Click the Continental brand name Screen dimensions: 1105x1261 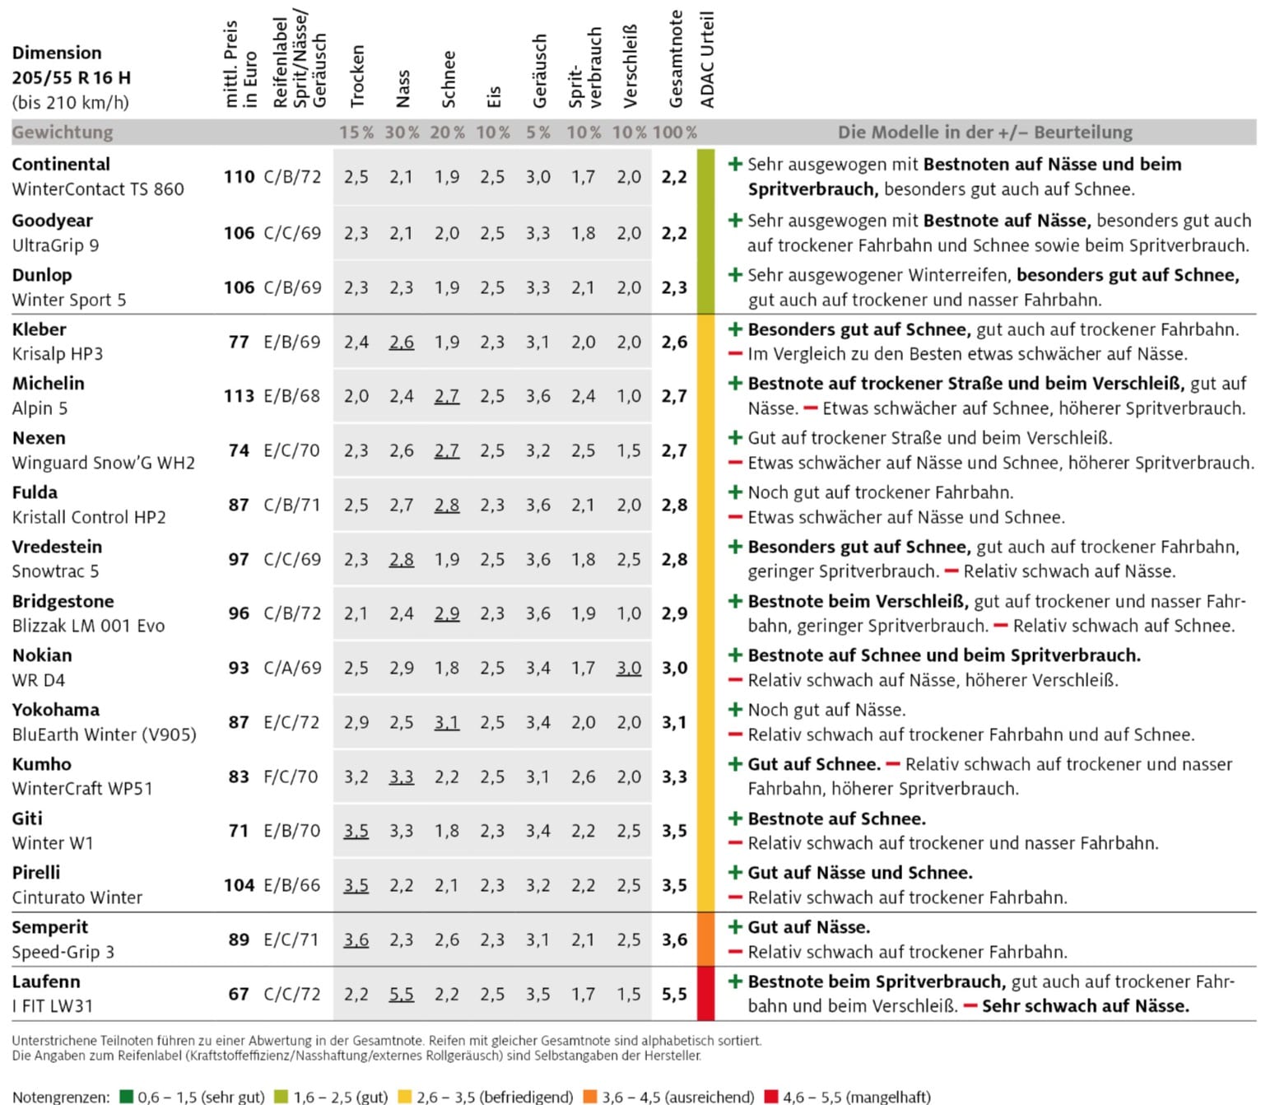61,165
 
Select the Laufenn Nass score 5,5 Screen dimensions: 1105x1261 402,995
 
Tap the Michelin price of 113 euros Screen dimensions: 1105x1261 239,396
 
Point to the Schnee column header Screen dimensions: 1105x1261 449,79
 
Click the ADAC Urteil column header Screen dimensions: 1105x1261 707,59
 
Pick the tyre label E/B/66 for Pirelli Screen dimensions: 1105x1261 292,885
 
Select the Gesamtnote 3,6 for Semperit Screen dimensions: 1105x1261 674,939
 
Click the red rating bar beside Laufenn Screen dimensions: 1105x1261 706,994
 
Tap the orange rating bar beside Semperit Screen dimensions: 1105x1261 706,939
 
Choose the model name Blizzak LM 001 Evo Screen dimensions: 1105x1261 88,626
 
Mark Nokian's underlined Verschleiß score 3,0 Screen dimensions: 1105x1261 629,668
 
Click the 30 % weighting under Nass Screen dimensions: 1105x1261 402,133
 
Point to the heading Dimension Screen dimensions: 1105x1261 57,53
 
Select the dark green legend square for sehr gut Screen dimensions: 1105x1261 127,1097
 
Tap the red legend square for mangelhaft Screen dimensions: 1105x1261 771,1097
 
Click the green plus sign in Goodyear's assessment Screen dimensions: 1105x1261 736,220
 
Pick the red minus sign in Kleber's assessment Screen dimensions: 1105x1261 736,354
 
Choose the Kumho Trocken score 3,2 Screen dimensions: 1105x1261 356,776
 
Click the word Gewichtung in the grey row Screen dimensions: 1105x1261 63,133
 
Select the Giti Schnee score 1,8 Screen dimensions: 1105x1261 447,831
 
